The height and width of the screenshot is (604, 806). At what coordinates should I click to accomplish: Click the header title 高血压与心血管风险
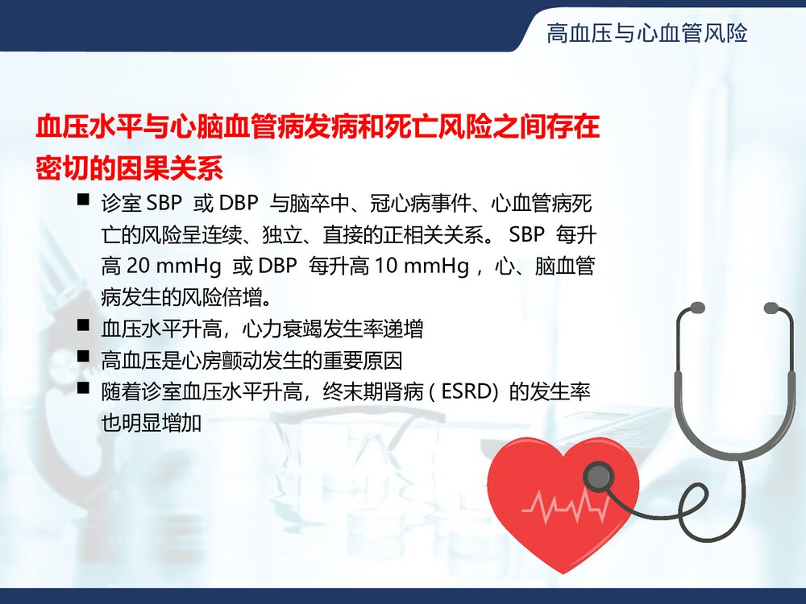[646, 33]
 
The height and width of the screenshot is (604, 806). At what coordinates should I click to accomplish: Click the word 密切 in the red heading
[64, 168]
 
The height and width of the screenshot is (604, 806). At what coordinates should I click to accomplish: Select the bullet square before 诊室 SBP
[83, 199]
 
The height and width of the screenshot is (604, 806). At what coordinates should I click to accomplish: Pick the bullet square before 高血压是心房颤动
[83, 356]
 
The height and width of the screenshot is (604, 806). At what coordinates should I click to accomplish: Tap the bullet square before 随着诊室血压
[83, 388]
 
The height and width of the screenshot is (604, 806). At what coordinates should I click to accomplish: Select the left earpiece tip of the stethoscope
[696, 308]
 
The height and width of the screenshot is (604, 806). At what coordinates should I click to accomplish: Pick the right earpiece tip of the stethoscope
[771, 308]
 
